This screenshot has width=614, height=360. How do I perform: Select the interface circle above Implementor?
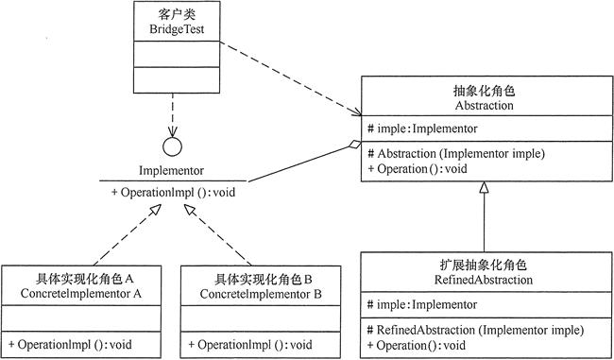pos(172,147)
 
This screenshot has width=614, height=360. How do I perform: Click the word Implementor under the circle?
pos(172,173)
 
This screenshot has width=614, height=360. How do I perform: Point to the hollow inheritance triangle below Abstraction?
pos(484,191)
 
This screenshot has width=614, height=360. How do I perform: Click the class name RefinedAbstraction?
pos(484,280)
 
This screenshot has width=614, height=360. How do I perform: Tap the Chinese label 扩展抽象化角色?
pos(484,265)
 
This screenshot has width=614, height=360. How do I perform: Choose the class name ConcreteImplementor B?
pos(262,294)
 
